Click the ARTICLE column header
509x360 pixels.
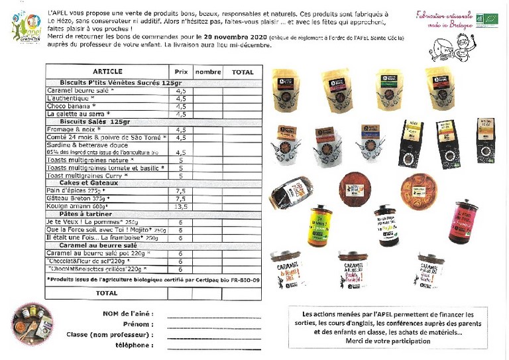[107, 71]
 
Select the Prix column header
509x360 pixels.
[180, 71]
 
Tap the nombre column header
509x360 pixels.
[208, 71]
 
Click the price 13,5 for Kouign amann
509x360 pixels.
[180, 206]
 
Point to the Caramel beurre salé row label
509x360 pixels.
[80, 90]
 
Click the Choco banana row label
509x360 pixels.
[71, 106]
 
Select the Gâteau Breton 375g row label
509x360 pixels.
[77, 198]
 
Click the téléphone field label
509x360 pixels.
[133, 345]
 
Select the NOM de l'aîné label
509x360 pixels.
[127, 314]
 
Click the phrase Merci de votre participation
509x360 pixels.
[388, 341]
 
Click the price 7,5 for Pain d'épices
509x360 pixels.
[180, 190]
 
